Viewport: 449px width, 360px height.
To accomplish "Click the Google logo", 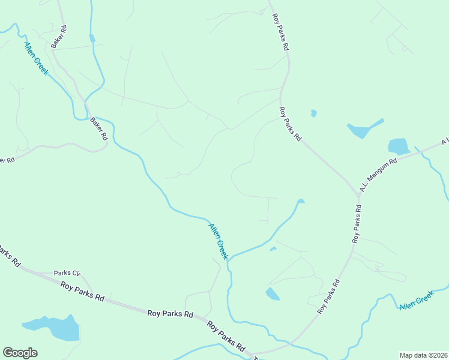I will (20, 353).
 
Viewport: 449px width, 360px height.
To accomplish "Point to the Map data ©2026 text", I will (424, 355).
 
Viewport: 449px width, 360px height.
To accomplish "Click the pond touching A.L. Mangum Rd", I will (399, 146).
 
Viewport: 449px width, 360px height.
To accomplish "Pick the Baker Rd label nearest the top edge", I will (59, 36).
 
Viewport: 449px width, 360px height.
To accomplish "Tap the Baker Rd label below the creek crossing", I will (98, 128).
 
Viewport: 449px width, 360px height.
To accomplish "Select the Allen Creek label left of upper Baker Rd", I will (37, 58).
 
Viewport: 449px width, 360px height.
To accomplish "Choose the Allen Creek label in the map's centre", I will (218, 241).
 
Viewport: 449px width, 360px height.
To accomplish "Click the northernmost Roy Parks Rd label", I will (280, 33).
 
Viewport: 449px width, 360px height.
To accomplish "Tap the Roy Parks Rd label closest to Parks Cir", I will (83, 290).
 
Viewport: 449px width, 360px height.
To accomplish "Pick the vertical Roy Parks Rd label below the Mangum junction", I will (357, 224).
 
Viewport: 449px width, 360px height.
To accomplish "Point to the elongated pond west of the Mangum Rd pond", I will (363, 129).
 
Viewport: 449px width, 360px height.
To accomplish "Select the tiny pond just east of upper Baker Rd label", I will (92, 38).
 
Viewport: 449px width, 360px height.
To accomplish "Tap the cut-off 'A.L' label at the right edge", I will (445, 142).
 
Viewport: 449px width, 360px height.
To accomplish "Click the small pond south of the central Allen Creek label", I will (272, 293).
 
